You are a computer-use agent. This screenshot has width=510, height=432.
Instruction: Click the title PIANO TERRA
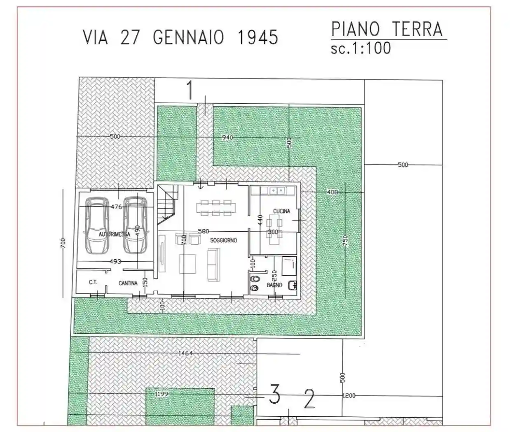coord(387,30)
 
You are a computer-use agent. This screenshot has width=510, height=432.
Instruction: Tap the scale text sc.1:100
coord(360,48)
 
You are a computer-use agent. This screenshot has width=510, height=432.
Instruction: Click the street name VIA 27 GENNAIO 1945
coord(180,37)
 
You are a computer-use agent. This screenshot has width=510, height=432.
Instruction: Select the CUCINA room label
coord(281,211)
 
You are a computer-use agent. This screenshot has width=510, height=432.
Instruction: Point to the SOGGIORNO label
coord(224,240)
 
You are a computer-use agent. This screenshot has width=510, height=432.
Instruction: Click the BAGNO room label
coord(274,285)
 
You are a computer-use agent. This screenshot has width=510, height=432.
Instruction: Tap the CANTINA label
coord(128,283)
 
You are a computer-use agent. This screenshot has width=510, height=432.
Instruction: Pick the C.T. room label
coord(93,283)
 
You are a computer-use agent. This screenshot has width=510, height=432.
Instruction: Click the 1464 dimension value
coord(186,353)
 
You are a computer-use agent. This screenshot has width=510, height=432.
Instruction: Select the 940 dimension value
coord(227,137)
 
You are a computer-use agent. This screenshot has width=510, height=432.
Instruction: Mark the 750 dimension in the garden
coord(346,240)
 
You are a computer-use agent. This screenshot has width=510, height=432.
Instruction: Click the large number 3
coord(275,394)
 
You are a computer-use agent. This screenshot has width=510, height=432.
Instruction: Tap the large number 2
coord(309,398)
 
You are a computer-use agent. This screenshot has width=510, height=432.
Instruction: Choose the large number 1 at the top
coord(190,91)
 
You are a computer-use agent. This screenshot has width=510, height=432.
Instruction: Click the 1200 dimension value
coord(349,395)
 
